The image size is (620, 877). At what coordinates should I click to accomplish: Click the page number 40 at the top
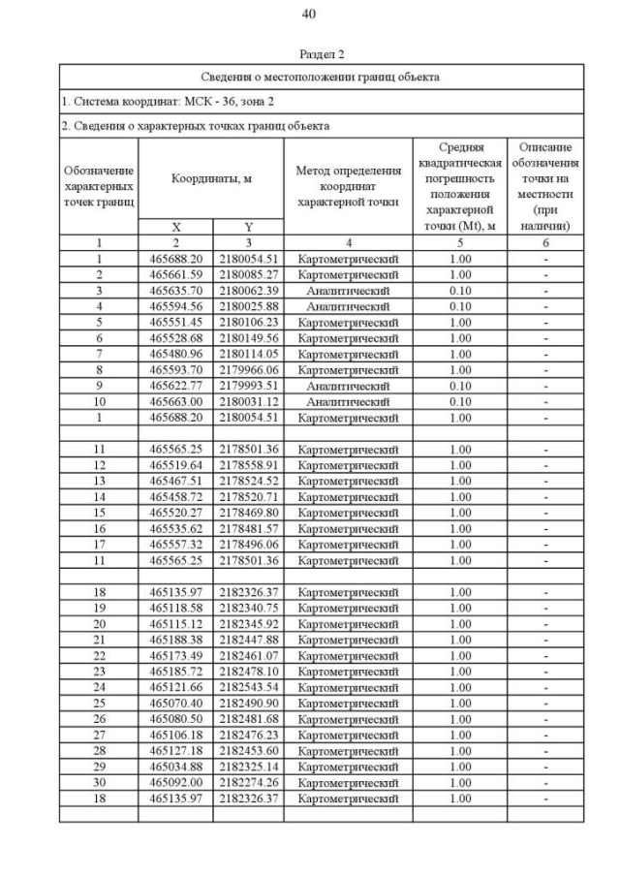coord(309,14)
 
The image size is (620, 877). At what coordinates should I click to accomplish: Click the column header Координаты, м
coord(210,178)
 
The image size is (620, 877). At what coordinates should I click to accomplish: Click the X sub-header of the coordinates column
coord(176,227)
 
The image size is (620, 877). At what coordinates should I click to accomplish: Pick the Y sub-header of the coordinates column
coord(248,227)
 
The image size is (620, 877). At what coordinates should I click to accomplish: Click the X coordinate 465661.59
coord(176,275)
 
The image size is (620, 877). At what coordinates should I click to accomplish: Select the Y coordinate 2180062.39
coord(248,291)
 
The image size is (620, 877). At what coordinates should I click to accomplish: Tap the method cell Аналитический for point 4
coord(348,306)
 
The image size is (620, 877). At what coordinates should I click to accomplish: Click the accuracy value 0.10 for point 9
coord(460,386)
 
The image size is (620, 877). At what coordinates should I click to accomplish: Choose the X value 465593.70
coord(176,369)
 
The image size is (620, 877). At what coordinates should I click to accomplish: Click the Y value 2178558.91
coord(248,465)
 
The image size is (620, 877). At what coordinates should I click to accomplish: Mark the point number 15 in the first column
coord(99,513)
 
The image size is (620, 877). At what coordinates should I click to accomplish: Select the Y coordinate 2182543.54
coord(248,687)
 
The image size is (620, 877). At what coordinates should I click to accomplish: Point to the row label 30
coord(99,782)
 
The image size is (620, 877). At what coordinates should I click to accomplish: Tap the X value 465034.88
coord(176,767)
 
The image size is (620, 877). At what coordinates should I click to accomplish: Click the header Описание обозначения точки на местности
coord(544,186)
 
